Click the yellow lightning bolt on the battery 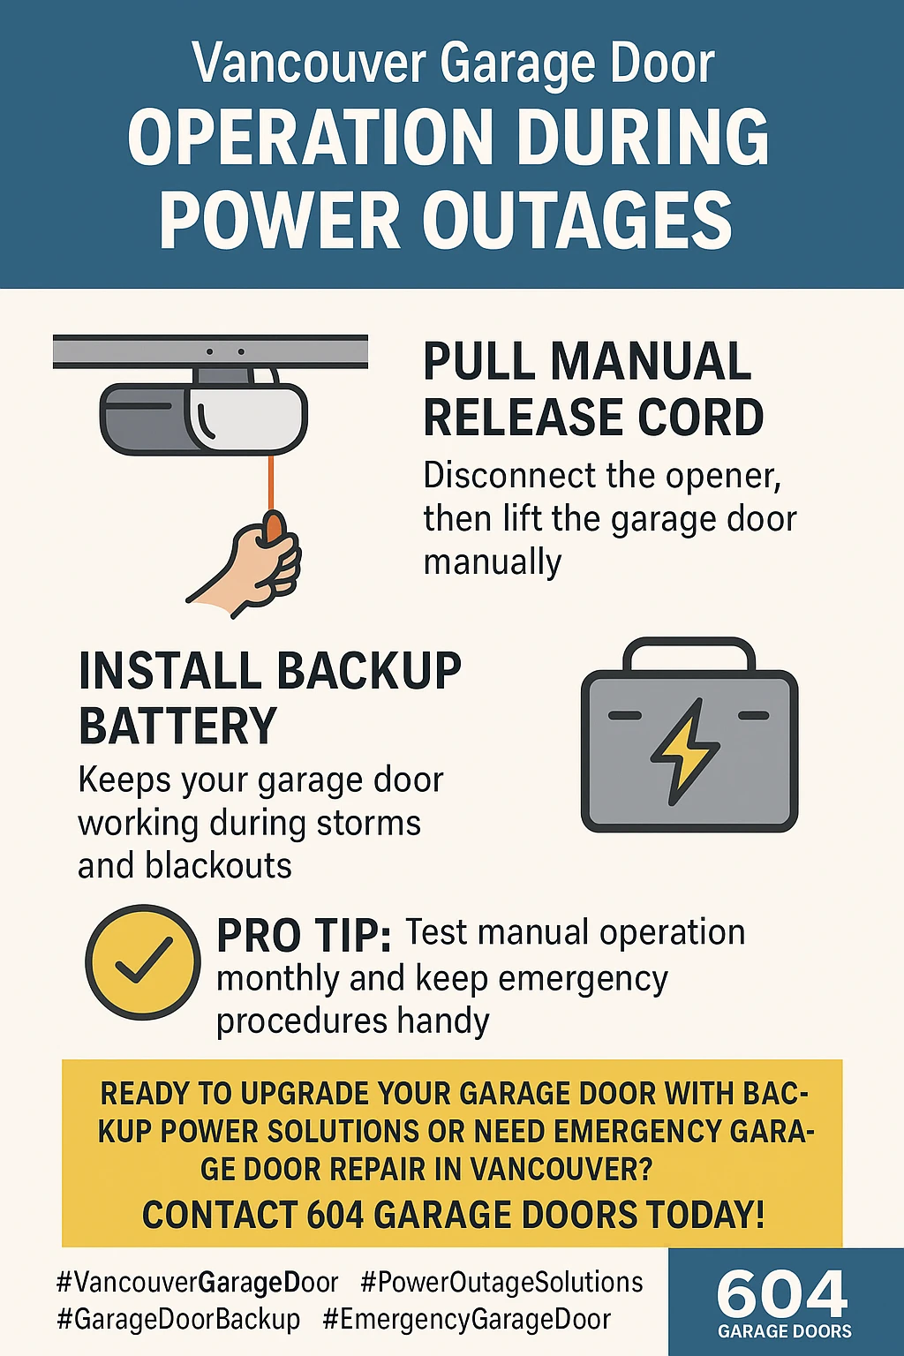[685, 751]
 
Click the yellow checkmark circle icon [142, 962]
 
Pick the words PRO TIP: [304, 936]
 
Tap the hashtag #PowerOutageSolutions [501, 1282]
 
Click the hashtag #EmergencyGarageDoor [466, 1320]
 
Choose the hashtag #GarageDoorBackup [178, 1320]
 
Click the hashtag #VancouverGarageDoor [197, 1282]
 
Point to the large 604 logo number [782, 1294]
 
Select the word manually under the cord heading [493, 562]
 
